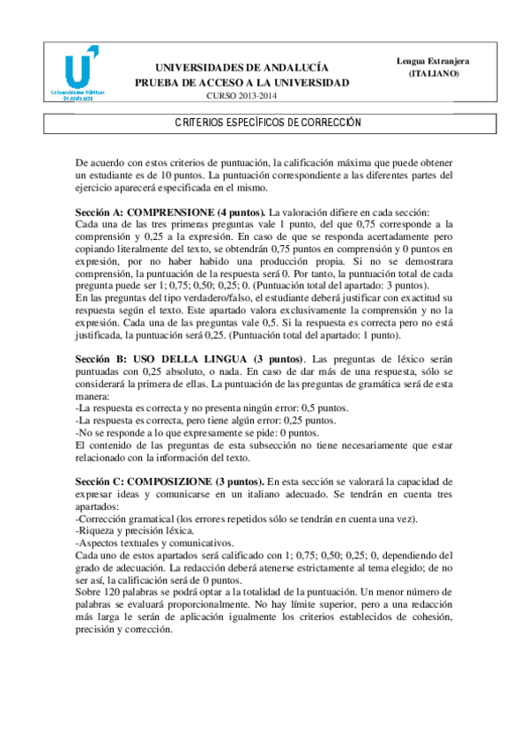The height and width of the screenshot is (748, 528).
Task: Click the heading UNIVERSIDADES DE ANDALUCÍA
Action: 242,67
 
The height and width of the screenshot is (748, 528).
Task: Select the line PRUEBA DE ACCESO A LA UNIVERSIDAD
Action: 242,82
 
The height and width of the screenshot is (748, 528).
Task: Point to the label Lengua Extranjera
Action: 433,61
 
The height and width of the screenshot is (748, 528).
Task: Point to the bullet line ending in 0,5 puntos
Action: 212,408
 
